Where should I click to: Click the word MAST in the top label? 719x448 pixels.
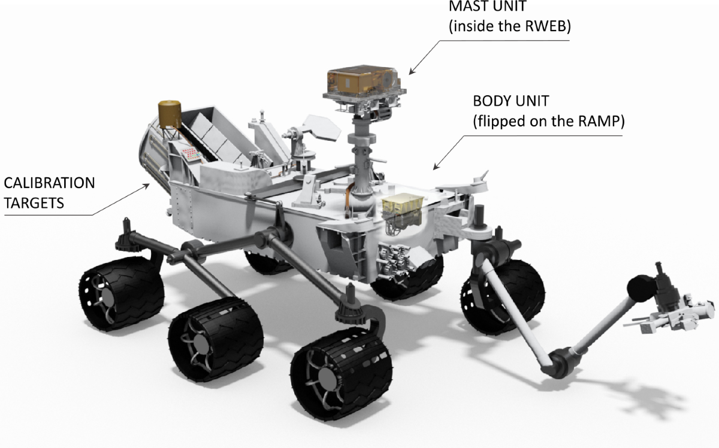471,6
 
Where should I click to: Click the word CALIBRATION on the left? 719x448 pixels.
49,183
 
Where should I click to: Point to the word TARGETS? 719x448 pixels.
34,203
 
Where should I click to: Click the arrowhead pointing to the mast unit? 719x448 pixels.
412,71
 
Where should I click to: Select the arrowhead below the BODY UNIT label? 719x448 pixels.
436,166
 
